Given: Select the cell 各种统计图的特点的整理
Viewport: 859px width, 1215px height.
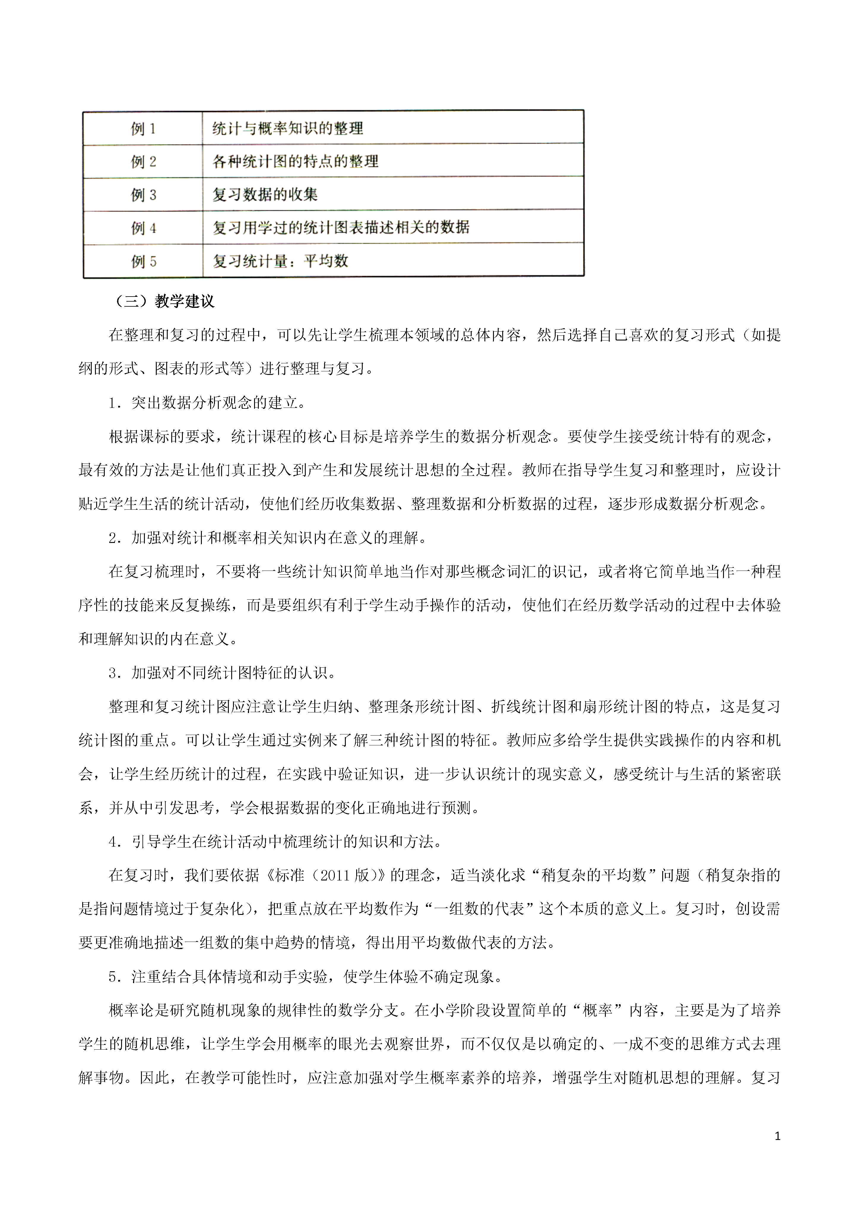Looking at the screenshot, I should [x=295, y=161].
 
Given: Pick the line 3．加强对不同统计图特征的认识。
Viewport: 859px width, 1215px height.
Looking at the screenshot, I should [x=222, y=673].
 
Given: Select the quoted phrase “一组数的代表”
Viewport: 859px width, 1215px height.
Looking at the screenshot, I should [x=479, y=909].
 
